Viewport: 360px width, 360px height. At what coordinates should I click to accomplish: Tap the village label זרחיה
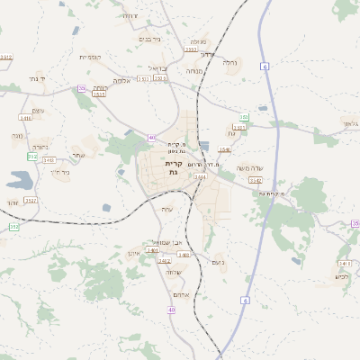(130, 16)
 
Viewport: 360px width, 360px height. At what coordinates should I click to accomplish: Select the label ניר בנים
(150, 40)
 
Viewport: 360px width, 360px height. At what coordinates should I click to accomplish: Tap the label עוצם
(39, 109)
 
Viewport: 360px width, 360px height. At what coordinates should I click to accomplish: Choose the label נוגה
(17, 135)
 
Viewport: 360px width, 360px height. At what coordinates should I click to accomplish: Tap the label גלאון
(349, 123)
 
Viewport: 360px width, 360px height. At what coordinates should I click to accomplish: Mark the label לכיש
(341, 276)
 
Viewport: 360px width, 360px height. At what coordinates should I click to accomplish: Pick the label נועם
(215, 261)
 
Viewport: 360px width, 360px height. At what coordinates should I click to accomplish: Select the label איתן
(133, 254)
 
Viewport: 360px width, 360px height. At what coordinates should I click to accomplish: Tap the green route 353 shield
(244, 117)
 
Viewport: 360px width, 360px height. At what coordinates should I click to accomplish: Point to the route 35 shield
(355, 223)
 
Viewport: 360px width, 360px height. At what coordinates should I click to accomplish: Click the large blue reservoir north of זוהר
(18, 179)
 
